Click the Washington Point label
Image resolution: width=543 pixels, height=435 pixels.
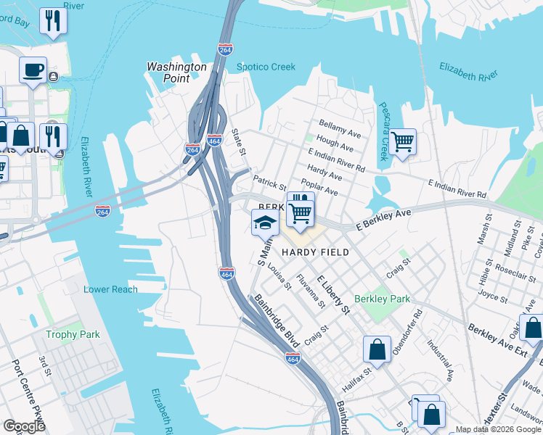(x=176, y=72)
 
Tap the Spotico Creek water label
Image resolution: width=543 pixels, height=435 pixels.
(x=266, y=67)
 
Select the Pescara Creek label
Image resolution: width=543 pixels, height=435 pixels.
(x=382, y=131)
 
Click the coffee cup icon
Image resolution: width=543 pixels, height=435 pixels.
(x=33, y=70)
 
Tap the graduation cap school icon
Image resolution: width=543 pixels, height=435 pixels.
(x=265, y=222)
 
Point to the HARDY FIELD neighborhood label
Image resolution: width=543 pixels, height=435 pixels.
(x=315, y=252)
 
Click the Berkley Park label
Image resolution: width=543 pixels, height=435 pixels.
(x=382, y=299)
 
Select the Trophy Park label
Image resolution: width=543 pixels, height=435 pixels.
(x=72, y=334)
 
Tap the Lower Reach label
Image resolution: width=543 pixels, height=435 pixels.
(x=110, y=289)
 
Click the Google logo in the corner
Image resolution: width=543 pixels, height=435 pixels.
(x=25, y=426)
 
